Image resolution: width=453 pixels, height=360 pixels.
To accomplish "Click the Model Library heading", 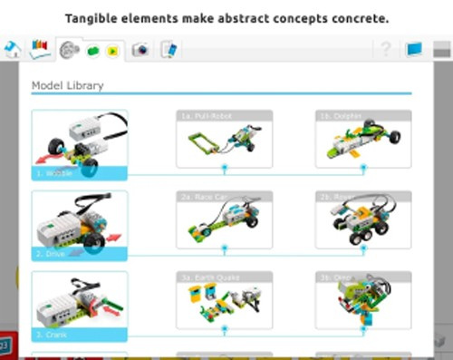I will tap(67, 86).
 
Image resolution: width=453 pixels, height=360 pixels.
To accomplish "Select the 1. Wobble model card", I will tap(80, 143).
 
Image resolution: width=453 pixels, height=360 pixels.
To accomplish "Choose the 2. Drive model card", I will tap(80, 225).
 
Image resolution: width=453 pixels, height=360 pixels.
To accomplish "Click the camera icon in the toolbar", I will tap(140, 50).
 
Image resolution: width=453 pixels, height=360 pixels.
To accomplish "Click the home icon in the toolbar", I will tap(12, 49).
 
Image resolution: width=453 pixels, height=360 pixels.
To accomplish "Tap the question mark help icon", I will tap(385, 49).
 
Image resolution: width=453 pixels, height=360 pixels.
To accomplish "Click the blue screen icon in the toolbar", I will tap(416, 49).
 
